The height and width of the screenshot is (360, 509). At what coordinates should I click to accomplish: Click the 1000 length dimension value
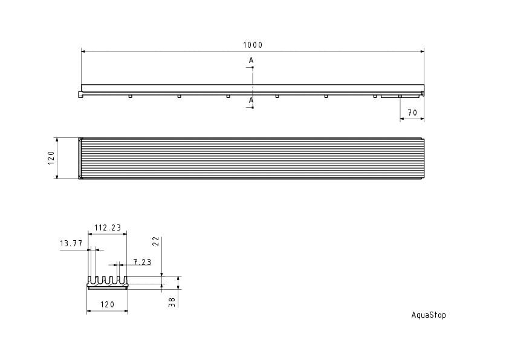(x=253, y=45)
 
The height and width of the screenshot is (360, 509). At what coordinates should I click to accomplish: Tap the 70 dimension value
(x=412, y=113)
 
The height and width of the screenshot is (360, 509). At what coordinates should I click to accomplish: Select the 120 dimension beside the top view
(x=51, y=158)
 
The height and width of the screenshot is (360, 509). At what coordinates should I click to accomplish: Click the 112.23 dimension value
(x=108, y=227)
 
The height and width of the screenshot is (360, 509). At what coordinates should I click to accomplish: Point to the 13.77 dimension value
(x=71, y=243)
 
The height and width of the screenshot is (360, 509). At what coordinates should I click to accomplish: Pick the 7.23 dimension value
(x=142, y=262)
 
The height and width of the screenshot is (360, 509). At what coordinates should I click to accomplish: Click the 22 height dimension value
(x=156, y=241)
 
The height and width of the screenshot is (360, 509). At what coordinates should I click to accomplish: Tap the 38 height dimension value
(x=172, y=303)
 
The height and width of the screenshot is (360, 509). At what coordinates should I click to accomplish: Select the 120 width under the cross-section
(x=107, y=304)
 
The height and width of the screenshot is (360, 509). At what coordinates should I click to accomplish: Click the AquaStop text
(x=429, y=315)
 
